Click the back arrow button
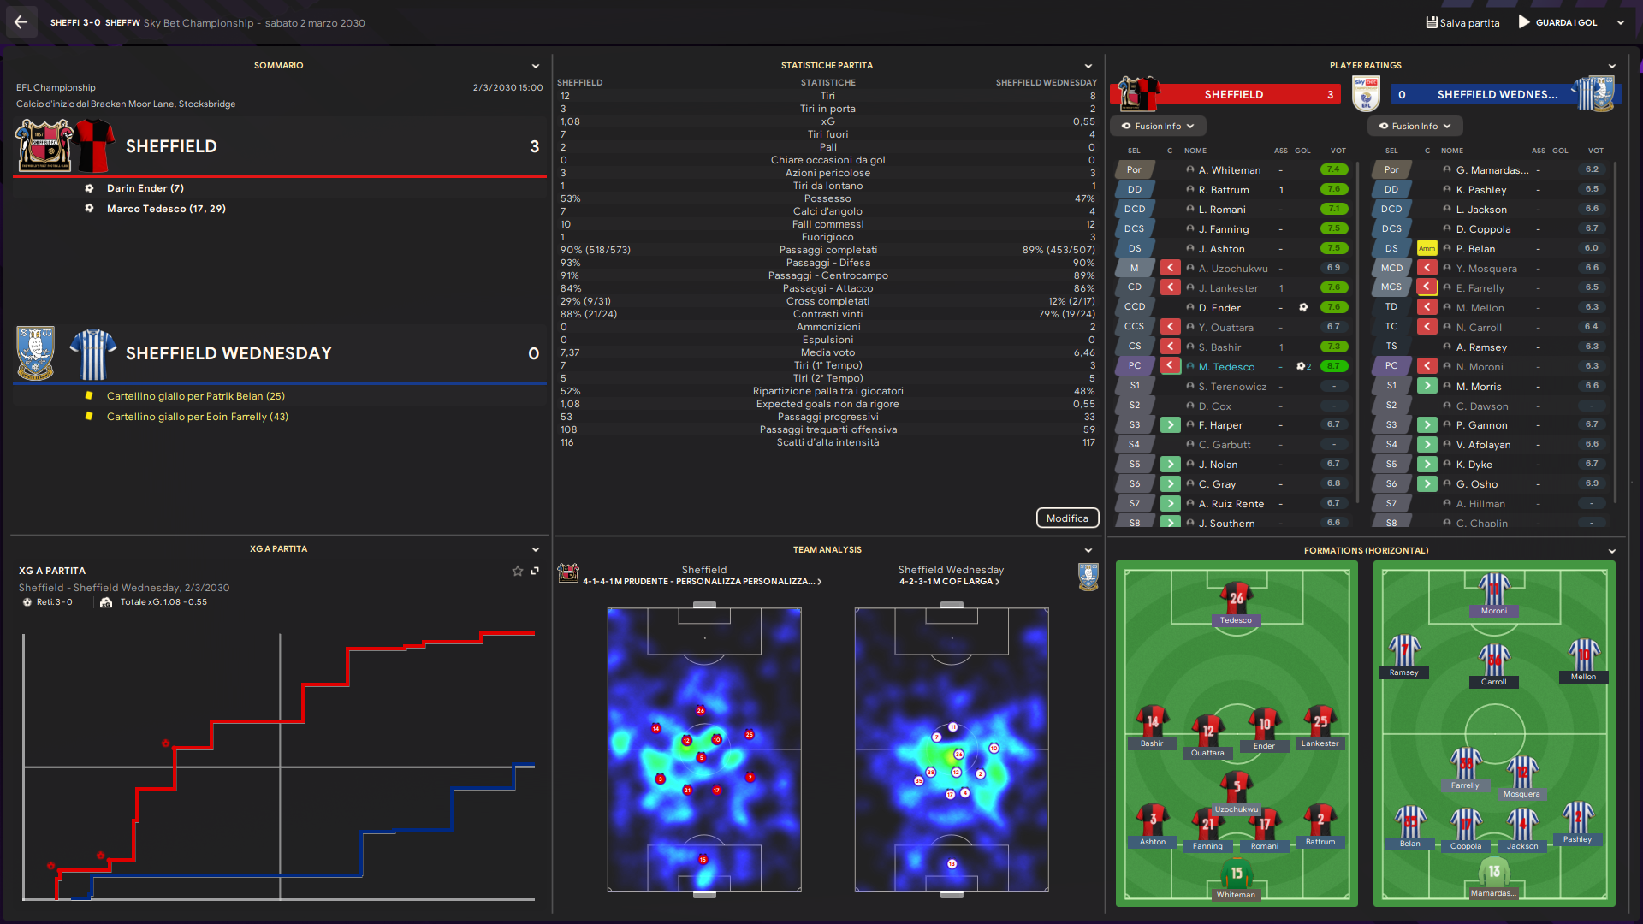[x=21, y=22]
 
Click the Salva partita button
[x=1462, y=23]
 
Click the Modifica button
[x=1067, y=518]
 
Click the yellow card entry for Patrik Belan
[x=195, y=396]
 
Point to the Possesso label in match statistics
[x=827, y=198]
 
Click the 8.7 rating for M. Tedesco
[x=1333, y=366]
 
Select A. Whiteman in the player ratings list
[x=1229, y=170]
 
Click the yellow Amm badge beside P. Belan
[x=1427, y=249]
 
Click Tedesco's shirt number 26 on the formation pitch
[x=1236, y=598]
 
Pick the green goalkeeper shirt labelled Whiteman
[x=1236, y=874]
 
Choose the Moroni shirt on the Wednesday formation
[x=1494, y=591]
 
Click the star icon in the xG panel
[x=517, y=571]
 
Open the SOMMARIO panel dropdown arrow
[x=536, y=66]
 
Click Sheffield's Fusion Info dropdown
[x=1158, y=127]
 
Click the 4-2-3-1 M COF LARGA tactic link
[x=949, y=582]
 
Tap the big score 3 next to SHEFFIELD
[x=534, y=146]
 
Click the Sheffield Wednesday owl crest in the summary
[x=36, y=352]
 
